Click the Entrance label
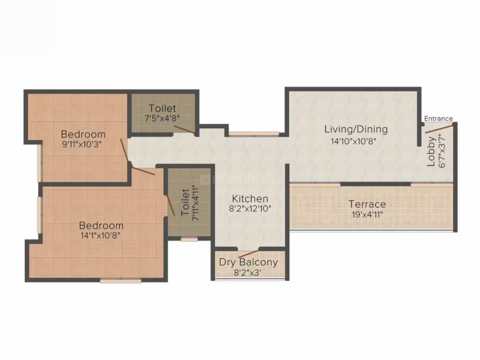438,119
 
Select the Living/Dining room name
357,129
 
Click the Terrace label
367,204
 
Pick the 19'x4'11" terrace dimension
367,215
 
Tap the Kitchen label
250,199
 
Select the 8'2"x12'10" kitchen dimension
250,210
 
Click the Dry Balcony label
248,262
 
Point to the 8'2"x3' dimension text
248,272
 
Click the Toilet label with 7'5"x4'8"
163,108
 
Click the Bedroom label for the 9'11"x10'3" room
83,134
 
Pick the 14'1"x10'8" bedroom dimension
100,236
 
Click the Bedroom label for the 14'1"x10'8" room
101,225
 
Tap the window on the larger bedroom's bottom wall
120,281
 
